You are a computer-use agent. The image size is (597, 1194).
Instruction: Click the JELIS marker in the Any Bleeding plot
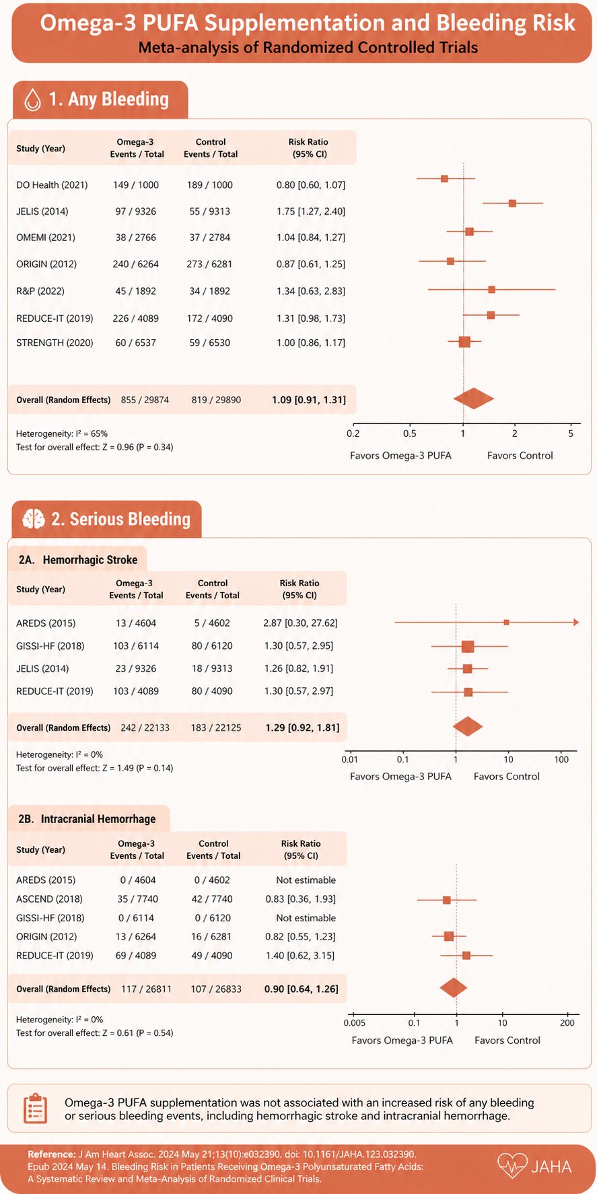pos(512,203)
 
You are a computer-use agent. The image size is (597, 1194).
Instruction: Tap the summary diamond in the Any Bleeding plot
pos(473,398)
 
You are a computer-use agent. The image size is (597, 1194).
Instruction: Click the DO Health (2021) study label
pos(52,185)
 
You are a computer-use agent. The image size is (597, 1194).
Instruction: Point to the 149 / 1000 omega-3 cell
pos(136,185)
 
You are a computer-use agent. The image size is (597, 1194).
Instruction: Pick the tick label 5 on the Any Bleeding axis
pos(571,433)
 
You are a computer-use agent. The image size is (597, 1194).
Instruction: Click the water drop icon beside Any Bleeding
pos(32,100)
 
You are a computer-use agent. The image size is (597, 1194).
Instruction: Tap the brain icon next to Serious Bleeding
pos(34,518)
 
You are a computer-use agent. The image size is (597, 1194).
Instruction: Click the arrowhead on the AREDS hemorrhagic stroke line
pos(576,623)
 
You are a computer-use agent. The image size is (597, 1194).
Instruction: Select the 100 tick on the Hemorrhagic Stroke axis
pos(561,759)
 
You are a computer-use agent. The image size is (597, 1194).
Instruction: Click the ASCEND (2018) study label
pos(49,899)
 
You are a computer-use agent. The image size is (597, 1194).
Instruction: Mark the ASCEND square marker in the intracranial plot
pos(446,900)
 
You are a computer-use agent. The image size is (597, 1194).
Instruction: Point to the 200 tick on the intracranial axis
pos(567,1023)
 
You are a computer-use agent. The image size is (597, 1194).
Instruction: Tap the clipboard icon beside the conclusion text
pos(35,1109)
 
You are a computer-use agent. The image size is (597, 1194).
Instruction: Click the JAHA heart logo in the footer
pos(512,1166)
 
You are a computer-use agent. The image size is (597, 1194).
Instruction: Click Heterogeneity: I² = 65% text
pos(62,433)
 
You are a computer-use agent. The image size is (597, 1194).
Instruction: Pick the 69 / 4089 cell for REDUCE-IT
pos(137,955)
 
